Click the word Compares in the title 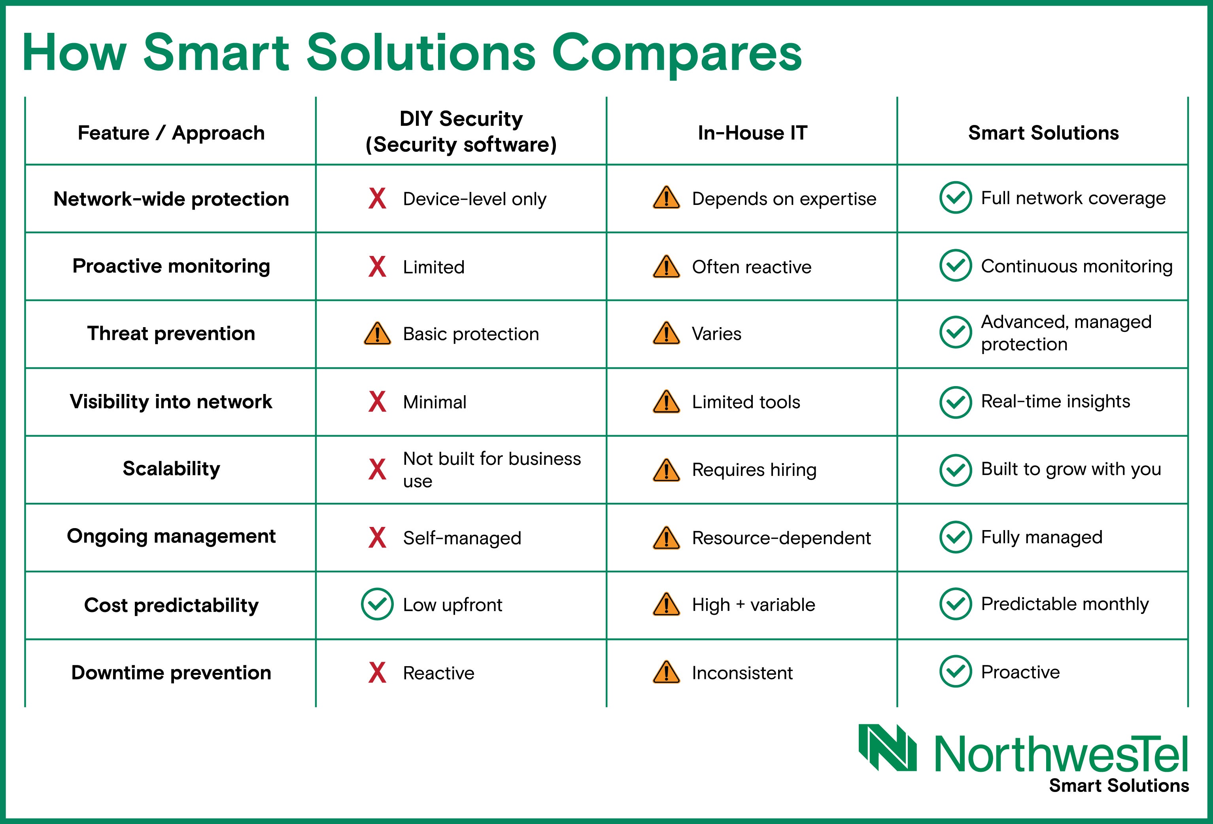pos(676,54)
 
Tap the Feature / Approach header pos(171,133)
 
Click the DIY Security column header pos(461,132)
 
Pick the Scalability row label pos(171,469)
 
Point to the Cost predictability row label pos(171,605)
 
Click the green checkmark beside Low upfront pos(377,604)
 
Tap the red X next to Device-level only pos(377,199)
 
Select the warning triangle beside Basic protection pos(377,333)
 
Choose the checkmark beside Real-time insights pos(955,402)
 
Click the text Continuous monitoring pos(1077,266)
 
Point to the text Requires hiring pos(754,470)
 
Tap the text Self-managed pos(462,538)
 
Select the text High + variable pos(754,605)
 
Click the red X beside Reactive pos(377,672)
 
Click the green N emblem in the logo pos(887,747)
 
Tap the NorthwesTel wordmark pos(1061,754)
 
